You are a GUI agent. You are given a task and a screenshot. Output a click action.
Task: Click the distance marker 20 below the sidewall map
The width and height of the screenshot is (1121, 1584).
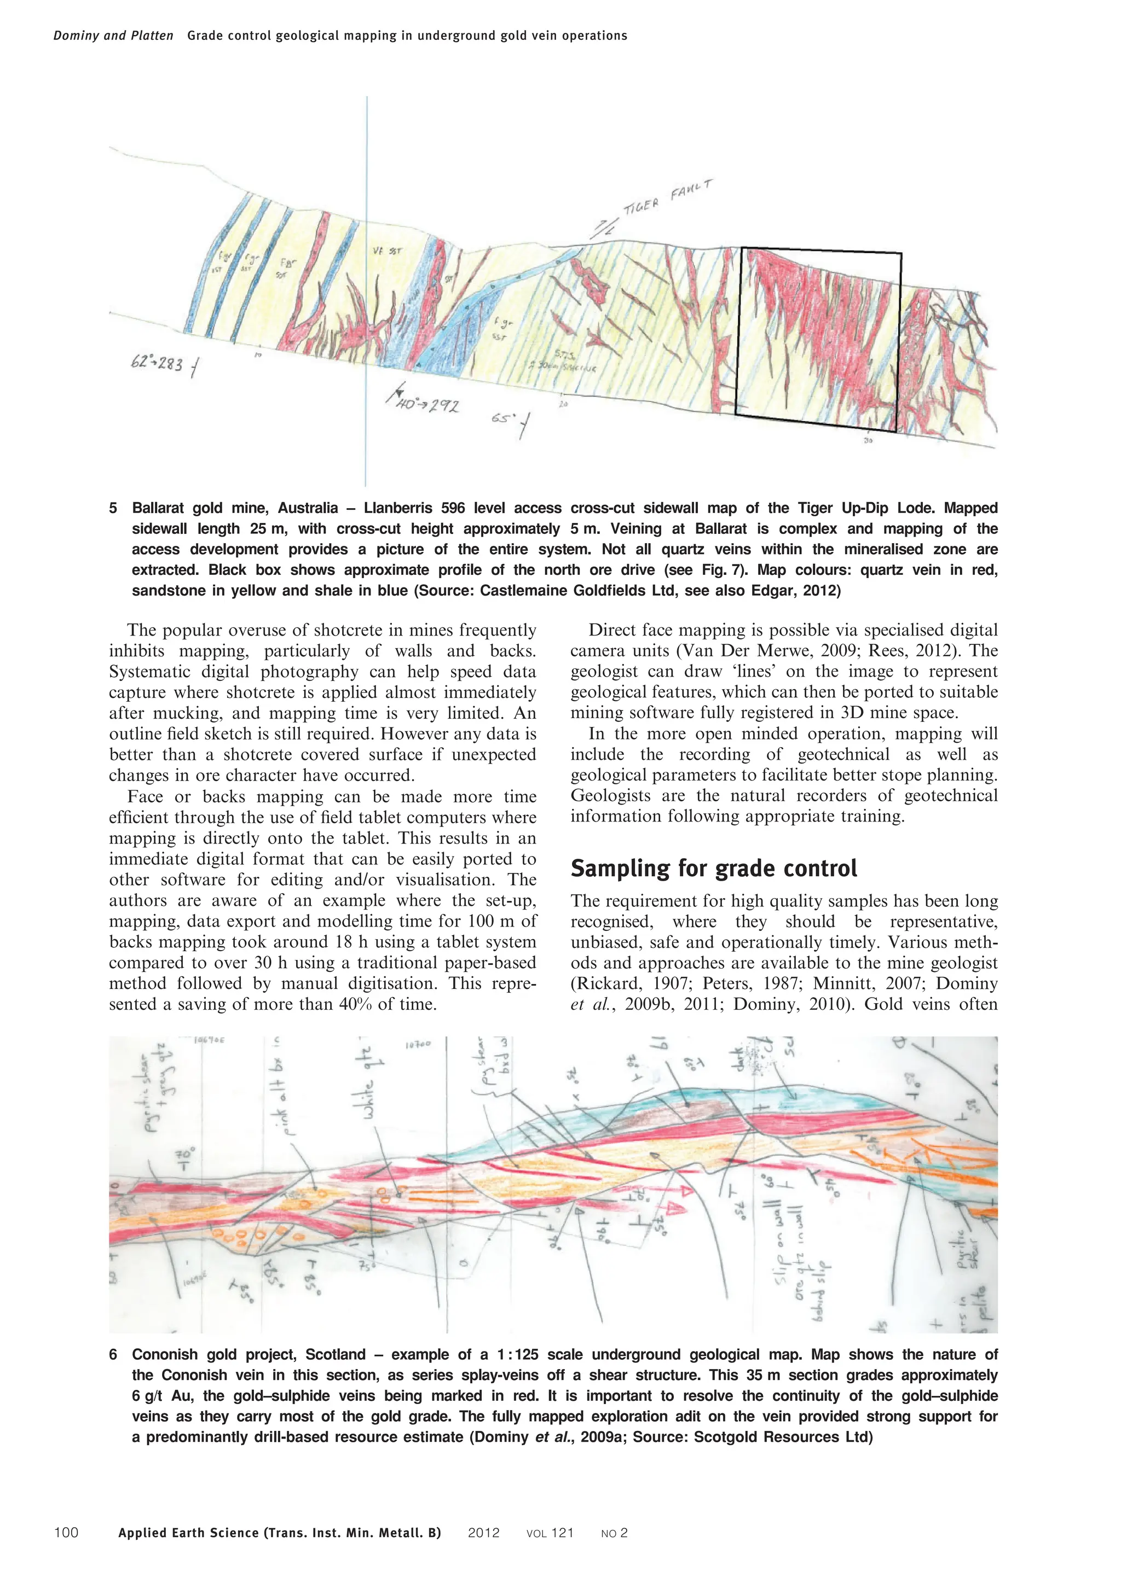click(x=563, y=405)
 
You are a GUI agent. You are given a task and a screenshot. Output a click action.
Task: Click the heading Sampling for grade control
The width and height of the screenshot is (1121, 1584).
click(x=713, y=868)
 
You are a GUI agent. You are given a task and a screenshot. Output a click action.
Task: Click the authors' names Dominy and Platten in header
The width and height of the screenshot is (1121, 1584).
click(x=113, y=36)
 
